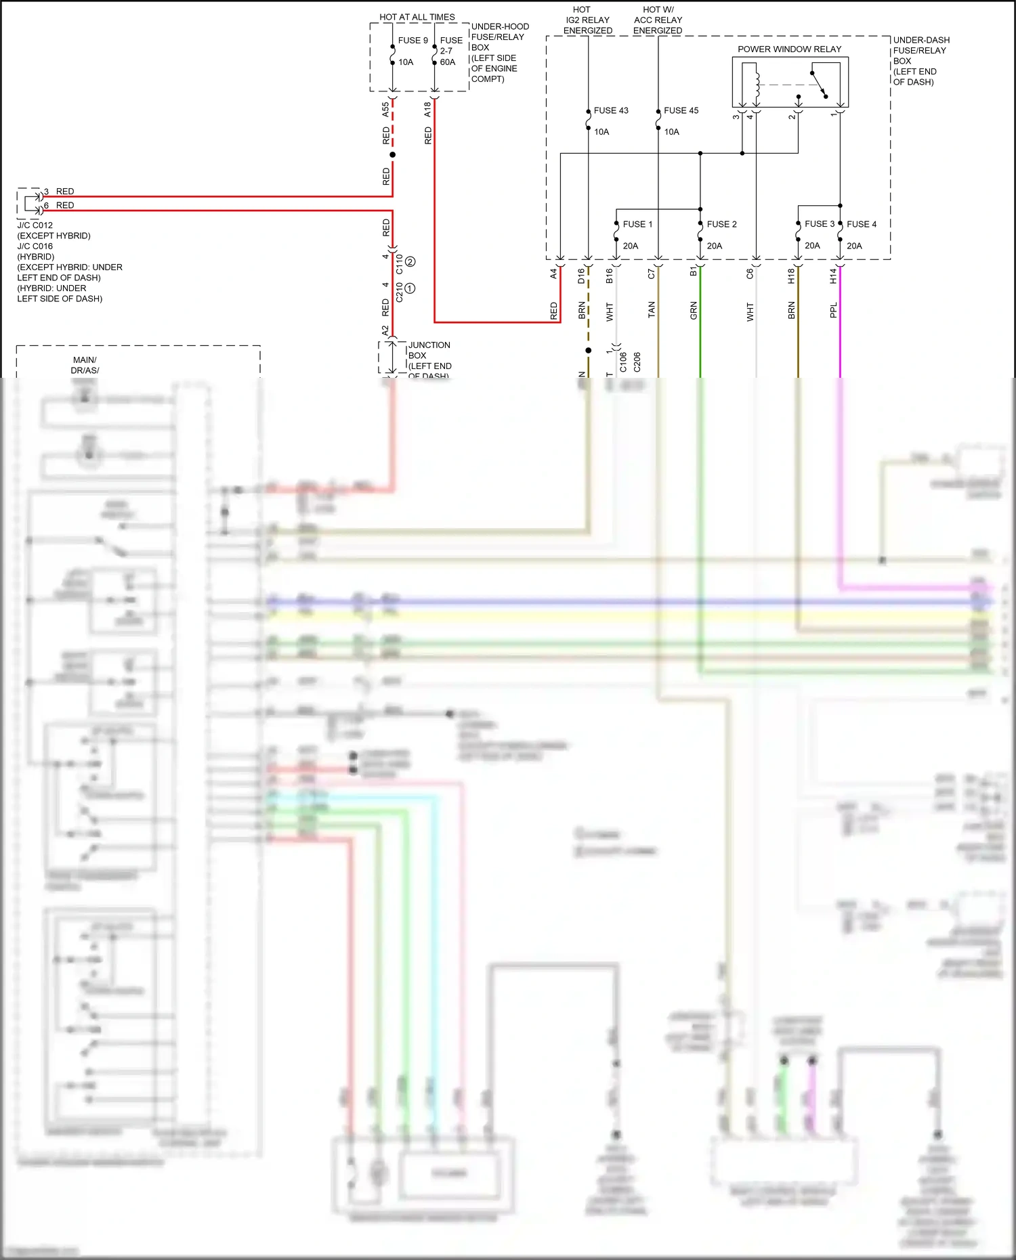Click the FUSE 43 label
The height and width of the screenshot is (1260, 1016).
pos(610,110)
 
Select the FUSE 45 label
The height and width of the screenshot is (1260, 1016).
pos(681,110)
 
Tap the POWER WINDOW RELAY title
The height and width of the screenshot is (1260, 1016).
pos(789,49)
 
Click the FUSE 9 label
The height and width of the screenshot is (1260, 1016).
pos(412,41)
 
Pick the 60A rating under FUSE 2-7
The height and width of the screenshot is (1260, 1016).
pos(448,62)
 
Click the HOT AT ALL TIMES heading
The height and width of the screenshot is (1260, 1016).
pos(417,17)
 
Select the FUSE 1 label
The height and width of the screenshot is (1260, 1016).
pos(637,224)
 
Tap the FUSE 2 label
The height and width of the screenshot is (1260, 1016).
pos(721,224)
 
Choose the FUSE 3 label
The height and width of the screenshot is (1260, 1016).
pos(819,224)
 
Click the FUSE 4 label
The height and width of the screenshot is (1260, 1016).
pos(861,224)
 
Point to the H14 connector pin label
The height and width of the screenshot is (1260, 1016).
pos(833,276)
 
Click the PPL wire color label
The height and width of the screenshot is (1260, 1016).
pos(833,310)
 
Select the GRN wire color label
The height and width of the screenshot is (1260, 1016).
pos(693,311)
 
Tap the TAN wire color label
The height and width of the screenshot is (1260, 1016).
pos(651,310)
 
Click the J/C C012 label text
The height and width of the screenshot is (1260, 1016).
pos(35,225)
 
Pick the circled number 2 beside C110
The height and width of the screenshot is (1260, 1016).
pos(410,262)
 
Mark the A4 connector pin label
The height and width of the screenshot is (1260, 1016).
pos(553,274)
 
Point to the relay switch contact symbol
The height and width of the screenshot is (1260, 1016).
pos(819,84)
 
